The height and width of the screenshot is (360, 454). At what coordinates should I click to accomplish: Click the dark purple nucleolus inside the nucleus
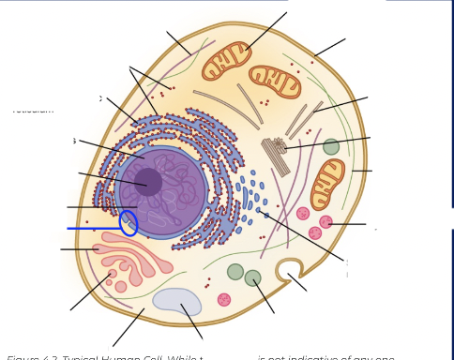click(147, 181)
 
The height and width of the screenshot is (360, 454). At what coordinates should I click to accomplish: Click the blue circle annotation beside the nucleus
click(129, 223)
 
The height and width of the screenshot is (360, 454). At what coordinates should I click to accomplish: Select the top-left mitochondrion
click(226, 59)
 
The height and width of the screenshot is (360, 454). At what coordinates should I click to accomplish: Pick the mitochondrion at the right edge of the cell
click(327, 184)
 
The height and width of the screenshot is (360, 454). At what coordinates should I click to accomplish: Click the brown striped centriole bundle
click(276, 155)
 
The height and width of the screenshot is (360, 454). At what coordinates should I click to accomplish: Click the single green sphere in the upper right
click(331, 146)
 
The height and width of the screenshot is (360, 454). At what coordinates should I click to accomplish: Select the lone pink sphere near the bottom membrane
click(224, 299)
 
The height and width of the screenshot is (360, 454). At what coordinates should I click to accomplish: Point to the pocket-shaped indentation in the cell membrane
click(287, 270)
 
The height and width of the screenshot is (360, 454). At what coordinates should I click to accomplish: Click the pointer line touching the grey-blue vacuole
click(192, 322)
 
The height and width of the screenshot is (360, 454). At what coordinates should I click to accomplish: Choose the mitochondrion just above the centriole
click(274, 82)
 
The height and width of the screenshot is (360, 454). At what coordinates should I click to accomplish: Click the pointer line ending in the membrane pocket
click(297, 282)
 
